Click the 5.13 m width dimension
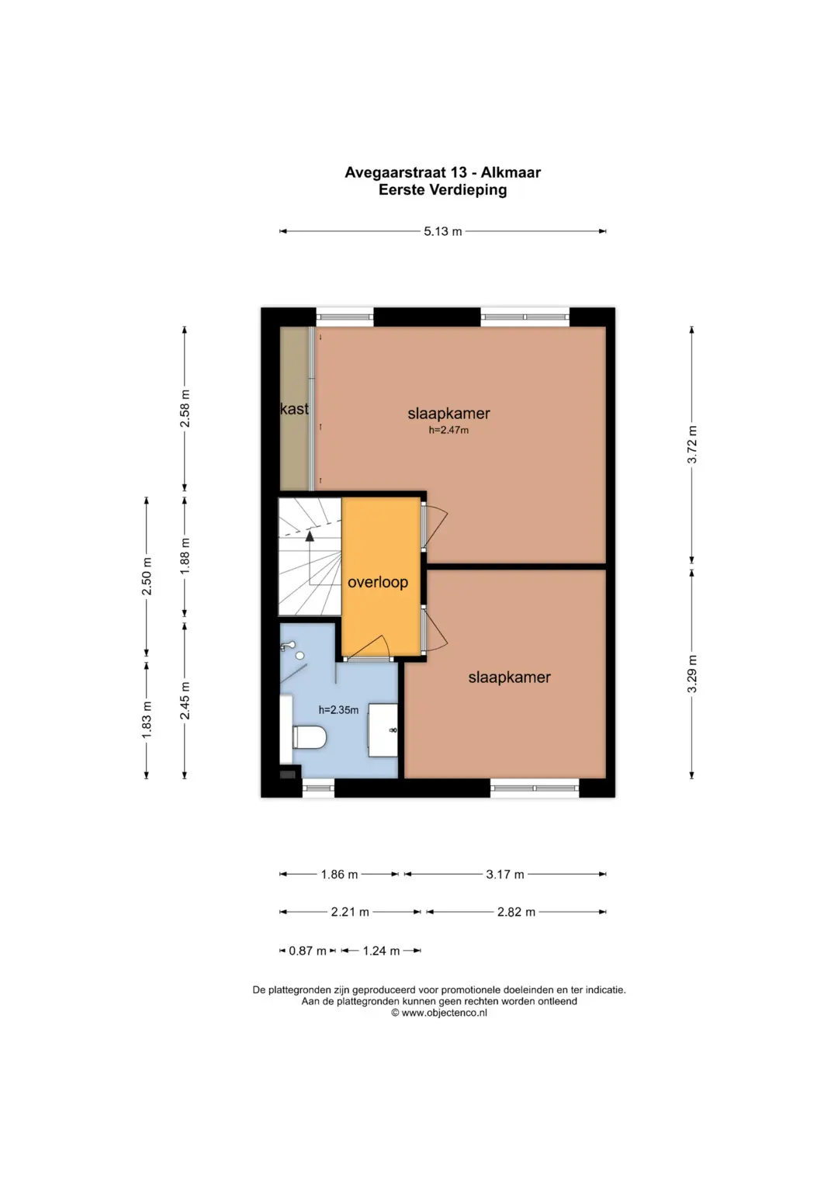(442, 231)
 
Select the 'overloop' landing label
(378, 582)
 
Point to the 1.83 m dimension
(147, 720)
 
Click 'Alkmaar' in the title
(511, 172)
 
